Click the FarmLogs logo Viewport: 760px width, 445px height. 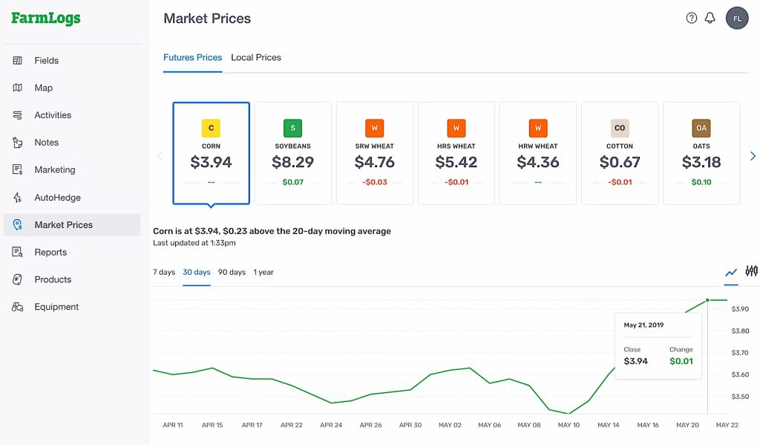[46, 19]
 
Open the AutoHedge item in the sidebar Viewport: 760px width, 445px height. [57, 198]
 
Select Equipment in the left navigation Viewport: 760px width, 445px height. [56, 307]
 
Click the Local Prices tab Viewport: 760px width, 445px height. [256, 57]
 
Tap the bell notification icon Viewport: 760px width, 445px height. [710, 19]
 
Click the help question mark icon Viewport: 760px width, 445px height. [692, 19]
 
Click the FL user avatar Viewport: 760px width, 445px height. [737, 19]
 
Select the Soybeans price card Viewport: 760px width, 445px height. [292, 153]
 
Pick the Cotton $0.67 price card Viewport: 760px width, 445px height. [620, 153]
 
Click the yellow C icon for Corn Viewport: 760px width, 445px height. [211, 128]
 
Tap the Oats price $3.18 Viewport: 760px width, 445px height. [701, 162]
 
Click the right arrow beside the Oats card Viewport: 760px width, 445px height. [753, 156]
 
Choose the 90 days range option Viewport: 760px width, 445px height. [232, 272]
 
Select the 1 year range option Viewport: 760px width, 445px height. [263, 272]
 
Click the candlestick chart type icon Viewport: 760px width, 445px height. [752, 271]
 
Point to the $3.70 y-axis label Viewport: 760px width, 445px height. [740, 353]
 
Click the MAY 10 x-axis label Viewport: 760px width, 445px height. [569, 425]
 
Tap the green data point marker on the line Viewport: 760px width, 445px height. [707, 300]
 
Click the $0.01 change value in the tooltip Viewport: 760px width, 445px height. [681, 362]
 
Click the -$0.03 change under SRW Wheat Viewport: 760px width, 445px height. [375, 182]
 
